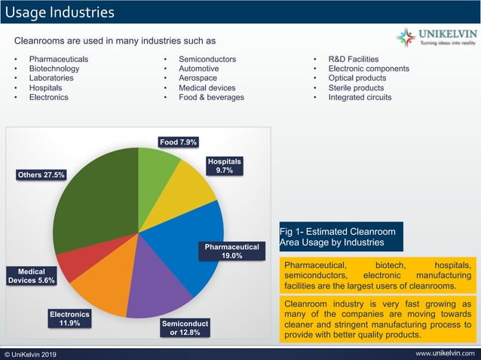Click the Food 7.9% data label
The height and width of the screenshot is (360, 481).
point(178,142)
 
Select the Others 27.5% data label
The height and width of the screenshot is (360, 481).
point(41,175)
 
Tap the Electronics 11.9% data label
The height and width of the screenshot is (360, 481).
point(69,319)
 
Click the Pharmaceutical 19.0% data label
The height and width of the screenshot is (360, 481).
point(232,252)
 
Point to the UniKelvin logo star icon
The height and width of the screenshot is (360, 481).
point(406,38)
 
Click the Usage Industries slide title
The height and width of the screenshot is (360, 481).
point(60,13)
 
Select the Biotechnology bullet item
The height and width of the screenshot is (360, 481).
point(54,69)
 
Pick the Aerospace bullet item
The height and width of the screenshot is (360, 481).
point(198,78)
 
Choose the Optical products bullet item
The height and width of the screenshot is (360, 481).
point(357,78)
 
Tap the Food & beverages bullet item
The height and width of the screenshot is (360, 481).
point(211,97)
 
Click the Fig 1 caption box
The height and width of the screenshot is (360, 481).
point(341,236)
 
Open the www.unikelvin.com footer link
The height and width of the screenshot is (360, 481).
point(445,353)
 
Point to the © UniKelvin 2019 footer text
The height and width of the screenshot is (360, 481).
point(30,355)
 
